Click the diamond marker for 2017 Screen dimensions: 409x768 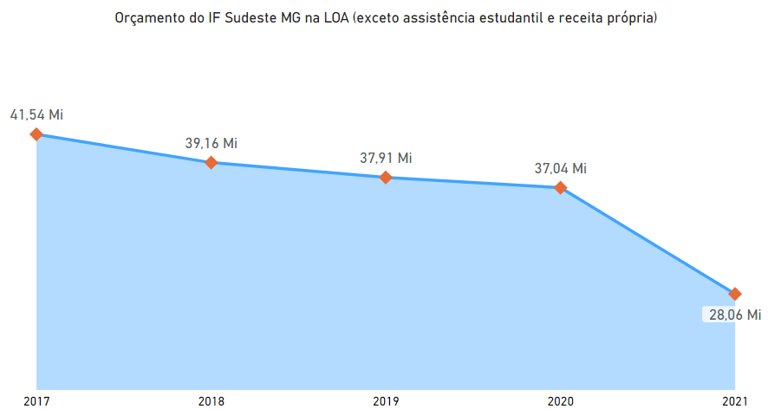pos(36,134)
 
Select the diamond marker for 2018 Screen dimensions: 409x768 pos(211,162)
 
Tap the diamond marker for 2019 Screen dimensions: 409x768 pos(386,178)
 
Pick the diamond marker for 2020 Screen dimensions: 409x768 pos(561,187)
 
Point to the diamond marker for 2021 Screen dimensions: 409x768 pos(735,294)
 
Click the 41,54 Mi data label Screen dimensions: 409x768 pos(36,114)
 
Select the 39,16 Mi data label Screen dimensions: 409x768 pos(211,142)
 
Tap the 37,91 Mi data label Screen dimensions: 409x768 pos(386,158)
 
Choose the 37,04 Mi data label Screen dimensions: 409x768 pos(561,168)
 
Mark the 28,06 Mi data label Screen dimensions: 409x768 pos(734,315)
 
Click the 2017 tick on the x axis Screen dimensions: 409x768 pos(36,400)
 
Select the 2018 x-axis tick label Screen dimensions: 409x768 pos(211,400)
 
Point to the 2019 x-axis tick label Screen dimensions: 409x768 pos(386,400)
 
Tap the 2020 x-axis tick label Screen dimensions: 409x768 pos(561,400)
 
